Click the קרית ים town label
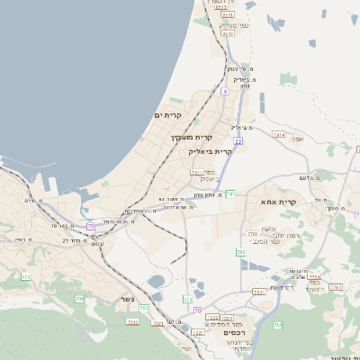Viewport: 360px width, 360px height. click(169, 116)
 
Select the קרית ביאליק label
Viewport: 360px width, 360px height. click(211, 152)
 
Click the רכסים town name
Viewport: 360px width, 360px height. click(234, 332)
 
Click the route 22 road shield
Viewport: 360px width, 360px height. click(238, 141)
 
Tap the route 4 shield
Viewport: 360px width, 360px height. click(225, 91)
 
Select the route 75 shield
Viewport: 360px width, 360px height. click(90, 226)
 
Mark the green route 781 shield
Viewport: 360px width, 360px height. click(230, 193)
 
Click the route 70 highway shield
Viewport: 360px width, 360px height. click(198, 310)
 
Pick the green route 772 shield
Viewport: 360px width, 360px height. click(188, 299)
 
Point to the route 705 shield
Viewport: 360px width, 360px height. click(79, 299)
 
